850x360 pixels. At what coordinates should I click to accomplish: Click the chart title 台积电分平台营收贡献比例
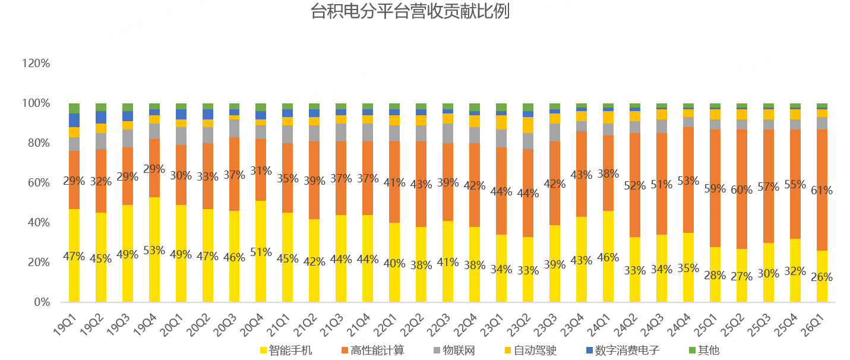click(x=410, y=12)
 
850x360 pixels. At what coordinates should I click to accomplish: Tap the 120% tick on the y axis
click(x=35, y=64)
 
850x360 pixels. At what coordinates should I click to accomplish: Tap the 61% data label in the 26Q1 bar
click(x=822, y=191)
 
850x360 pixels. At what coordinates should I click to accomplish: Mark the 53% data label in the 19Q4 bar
click(x=154, y=251)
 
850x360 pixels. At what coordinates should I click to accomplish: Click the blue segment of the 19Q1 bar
click(x=74, y=120)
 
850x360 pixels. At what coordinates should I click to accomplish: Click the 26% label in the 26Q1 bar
click(x=822, y=277)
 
